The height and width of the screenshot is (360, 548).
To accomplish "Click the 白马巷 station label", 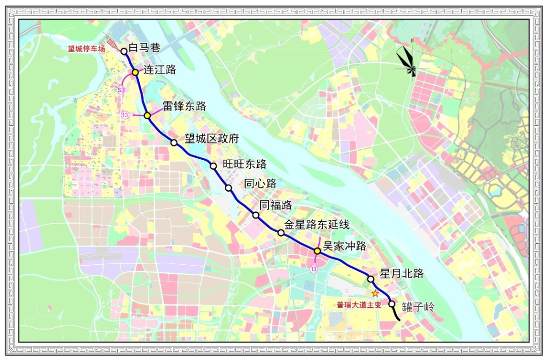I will coord(145,48).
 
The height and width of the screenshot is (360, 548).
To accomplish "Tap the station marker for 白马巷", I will coord(124,51).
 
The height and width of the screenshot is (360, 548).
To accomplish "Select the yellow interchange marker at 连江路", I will coord(135,73).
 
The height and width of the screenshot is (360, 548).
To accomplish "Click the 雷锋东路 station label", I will coord(184,106).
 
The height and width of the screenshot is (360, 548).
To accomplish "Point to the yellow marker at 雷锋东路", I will coord(147,116).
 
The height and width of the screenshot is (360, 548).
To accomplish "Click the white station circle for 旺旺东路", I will coord(214,166).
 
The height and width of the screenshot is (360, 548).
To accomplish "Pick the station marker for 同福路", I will coord(256,215).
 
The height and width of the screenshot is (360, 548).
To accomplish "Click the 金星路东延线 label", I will coord(317,224).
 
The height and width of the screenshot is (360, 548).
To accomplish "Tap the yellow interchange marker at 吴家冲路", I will coord(317,250).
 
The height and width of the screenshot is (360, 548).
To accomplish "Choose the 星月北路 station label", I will coord(402,274).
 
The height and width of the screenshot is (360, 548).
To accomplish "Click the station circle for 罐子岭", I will coord(392,304).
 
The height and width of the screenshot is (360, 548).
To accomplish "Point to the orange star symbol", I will coord(375,294).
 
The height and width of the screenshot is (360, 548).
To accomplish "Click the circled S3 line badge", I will coord(121,90).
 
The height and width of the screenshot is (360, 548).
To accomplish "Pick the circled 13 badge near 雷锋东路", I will coord(125,115).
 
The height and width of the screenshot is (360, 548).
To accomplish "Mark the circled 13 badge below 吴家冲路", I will coord(315,269).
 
